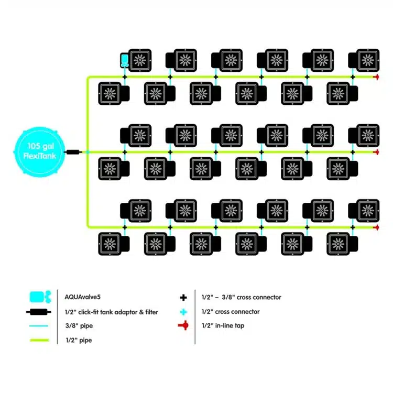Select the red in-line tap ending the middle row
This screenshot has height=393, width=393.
point(376,152)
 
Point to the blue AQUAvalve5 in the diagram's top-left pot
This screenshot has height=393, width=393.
point(124,60)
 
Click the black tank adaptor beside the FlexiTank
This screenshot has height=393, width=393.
point(73,151)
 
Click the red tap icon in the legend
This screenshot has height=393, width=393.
point(183,325)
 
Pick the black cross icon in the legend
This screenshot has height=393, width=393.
point(183,297)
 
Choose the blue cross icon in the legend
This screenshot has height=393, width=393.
point(183,311)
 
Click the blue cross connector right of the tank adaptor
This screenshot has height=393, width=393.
point(88,152)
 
